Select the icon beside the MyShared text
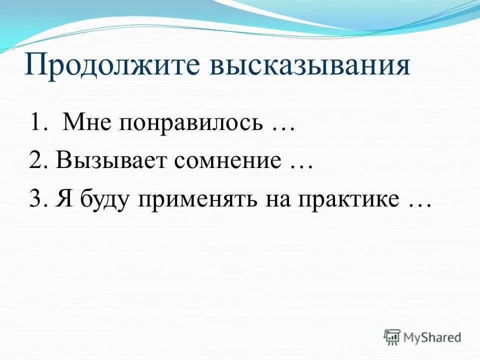392,337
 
